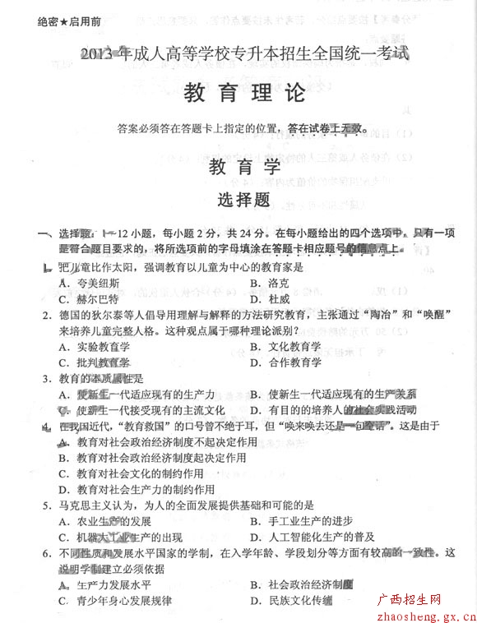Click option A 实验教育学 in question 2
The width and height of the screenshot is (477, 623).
click(x=95, y=347)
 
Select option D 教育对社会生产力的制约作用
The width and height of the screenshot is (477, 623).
click(x=132, y=489)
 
